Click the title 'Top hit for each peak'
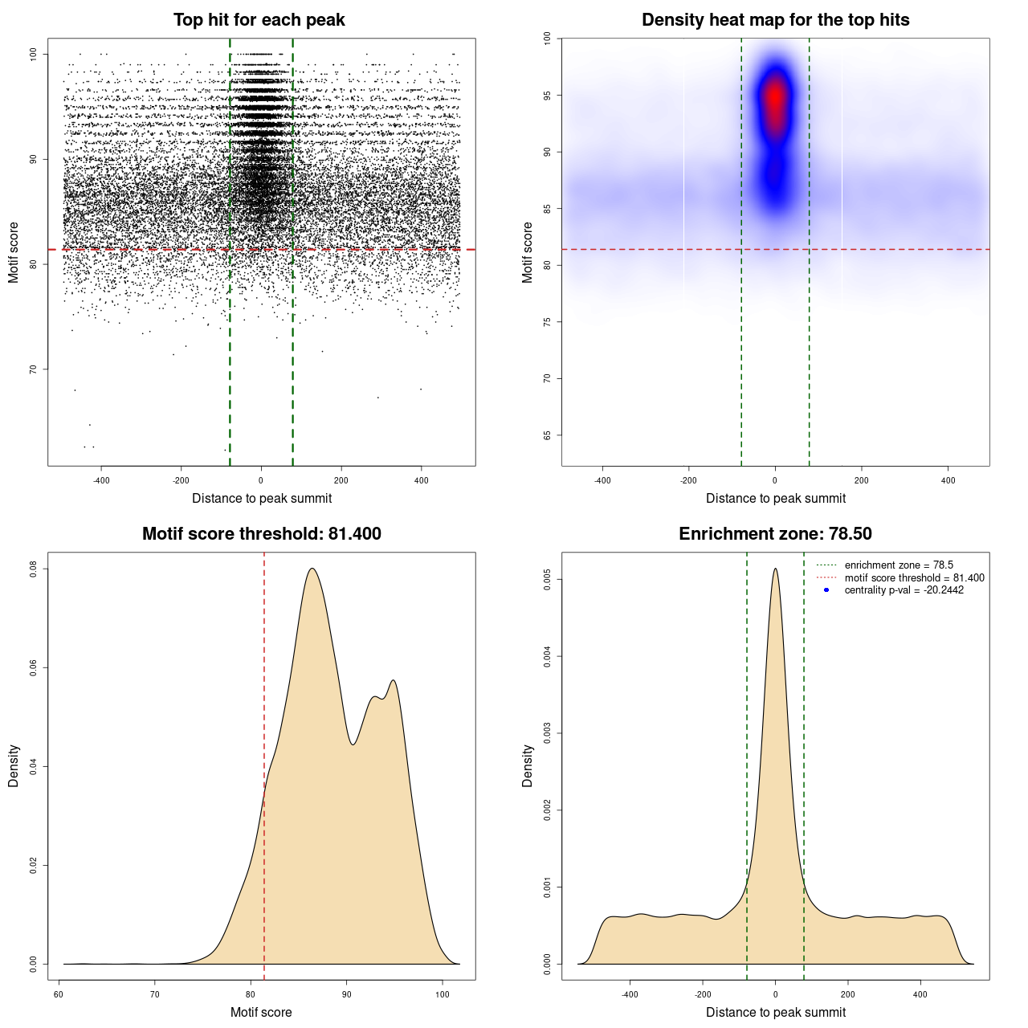click(259, 20)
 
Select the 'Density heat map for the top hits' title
click(775, 20)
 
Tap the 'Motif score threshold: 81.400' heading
click(261, 534)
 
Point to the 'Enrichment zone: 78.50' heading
click(775, 534)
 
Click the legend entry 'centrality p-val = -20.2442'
click(904, 590)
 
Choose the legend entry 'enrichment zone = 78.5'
click(899, 565)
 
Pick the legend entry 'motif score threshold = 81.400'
click(914, 577)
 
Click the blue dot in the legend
click(826, 590)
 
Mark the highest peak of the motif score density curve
click(312, 569)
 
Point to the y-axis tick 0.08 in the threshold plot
click(33, 569)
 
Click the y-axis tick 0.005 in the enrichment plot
click(547, 580)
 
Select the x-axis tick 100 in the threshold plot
click(443, 994)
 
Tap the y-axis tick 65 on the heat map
click(547, 435)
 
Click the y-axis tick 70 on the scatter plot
click(33, 369)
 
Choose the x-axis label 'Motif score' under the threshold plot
click(261, 1012)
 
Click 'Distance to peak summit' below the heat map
click(775, 498)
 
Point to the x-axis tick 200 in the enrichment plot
click(848, 994)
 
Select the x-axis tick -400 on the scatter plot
click(101, 480)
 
